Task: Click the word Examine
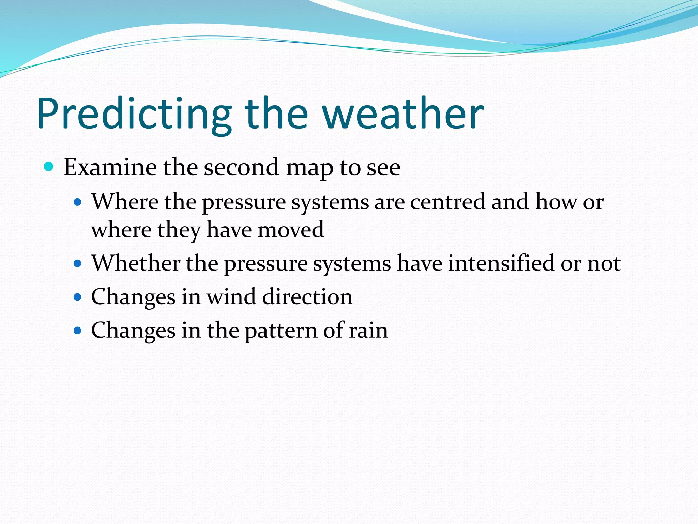coord(110,167)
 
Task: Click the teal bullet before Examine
coord(49,167)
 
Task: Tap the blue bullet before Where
coord(78,202)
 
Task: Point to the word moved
coord(290,230)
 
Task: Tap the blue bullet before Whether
coord(78,264)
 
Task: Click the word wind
coord(231,296)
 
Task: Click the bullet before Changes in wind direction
coord(78,297)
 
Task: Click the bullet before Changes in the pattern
coord(78,331)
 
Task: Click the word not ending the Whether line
coord(604,264)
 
